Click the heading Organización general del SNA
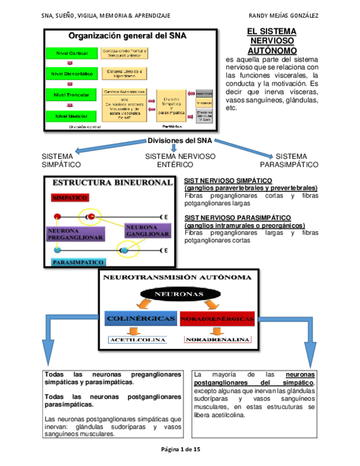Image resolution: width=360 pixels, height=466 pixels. click(127, 36)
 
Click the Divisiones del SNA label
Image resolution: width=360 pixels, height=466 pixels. click(180, 141)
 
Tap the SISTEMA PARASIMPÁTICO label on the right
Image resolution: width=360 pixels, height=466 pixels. click(289, 160)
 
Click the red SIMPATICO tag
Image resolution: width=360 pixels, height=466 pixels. click(70, 198)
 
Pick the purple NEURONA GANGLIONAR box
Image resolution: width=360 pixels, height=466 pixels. click(147, 230)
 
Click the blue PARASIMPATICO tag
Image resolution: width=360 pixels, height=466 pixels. click(79, 262)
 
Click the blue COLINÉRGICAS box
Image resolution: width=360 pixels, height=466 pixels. click(141, 319)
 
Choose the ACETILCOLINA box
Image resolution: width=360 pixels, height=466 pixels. click(137, 340)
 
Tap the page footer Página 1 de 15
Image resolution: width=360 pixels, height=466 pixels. click(180, 449)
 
